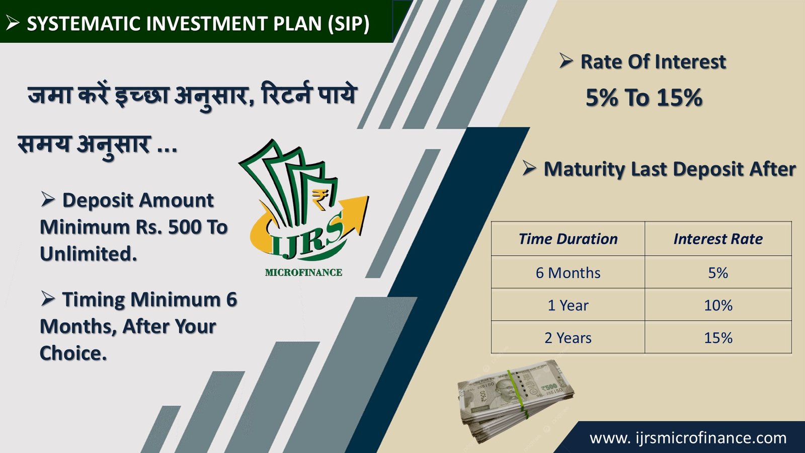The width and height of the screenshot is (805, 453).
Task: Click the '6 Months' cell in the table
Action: click(x=568, y=272)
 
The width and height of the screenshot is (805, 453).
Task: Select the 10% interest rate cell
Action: click(x=718, y=305)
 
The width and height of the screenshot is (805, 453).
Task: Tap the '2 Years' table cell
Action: click(x=568, y=337)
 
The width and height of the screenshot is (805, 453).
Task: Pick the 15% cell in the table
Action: click(x=718, y=337)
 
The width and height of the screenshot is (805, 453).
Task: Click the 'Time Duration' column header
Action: click(x=568, y=239)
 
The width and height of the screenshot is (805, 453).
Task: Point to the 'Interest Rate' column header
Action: click(x=718, y=239)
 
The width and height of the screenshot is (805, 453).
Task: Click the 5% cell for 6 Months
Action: click(x=718, y=272)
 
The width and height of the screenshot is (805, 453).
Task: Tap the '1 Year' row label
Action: click(x=568, y=305)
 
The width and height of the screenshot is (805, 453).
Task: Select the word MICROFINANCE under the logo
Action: click(x=304, y=272)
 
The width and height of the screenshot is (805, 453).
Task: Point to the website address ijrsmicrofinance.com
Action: click(x=688, y=438)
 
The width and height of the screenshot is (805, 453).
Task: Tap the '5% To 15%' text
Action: click(x=643, y=97)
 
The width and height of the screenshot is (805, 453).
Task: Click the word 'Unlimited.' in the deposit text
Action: click(x=89, y=254)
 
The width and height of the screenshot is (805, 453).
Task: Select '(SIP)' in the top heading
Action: click(x=348, y=24)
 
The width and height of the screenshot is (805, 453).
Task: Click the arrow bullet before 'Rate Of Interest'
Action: click(x=566, y=60)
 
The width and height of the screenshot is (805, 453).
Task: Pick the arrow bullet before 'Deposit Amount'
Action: click(x=47, y=199)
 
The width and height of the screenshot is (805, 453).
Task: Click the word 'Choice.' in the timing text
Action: click(x=73, y=353)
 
